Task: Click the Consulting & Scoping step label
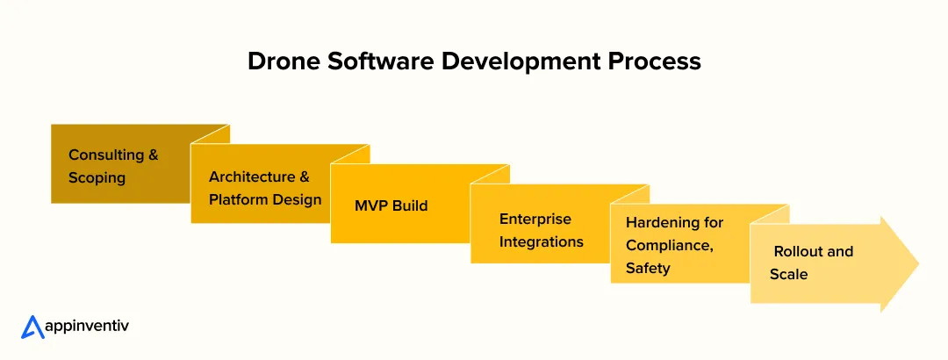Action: click(113, 166)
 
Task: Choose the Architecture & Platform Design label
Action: click(265, 188)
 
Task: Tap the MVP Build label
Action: click(391, 205)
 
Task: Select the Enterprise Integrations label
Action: click(541, 230)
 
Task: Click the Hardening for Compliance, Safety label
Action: click(674, 246)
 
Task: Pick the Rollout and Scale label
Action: click(811, 263)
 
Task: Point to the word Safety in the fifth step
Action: click(648, 269)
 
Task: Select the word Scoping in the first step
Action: click(97, 177)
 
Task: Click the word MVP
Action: click(370, 205)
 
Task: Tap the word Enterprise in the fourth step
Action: click(535, 219)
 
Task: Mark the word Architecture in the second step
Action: click(252, 176)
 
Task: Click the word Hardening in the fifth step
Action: click(663, 223)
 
